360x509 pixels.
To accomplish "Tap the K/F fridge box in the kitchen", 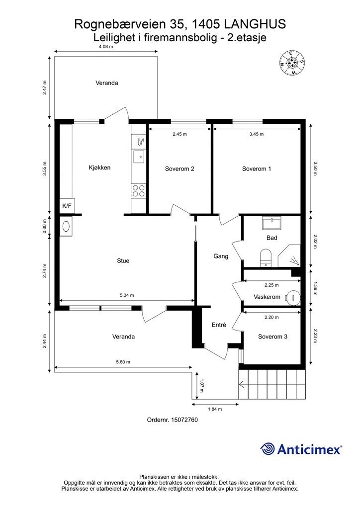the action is coord(67,206).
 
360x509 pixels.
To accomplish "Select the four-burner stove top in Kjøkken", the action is coord(139,190).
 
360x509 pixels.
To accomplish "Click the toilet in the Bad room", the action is coord(266,258).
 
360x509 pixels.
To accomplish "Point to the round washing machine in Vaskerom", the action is coord(293,297).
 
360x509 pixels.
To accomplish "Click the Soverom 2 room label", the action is coord(180,169).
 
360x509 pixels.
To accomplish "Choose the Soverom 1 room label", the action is coord(257,169).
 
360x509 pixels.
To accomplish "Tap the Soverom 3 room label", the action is coord(272,337).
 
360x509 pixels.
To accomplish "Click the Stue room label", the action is coord(123,260).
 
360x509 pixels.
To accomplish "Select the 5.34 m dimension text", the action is coord(127,295).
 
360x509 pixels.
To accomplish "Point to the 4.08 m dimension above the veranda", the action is coord(106,46).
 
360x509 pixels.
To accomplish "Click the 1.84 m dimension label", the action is coord(215,409).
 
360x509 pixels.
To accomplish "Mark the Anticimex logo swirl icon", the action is coord(268,449).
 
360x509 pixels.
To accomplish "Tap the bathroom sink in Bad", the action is coord(271,223).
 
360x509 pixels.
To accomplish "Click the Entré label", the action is coord(219,325).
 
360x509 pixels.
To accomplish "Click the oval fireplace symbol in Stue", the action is coord(66,226).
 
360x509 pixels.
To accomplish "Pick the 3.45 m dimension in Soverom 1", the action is coord(257,134).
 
